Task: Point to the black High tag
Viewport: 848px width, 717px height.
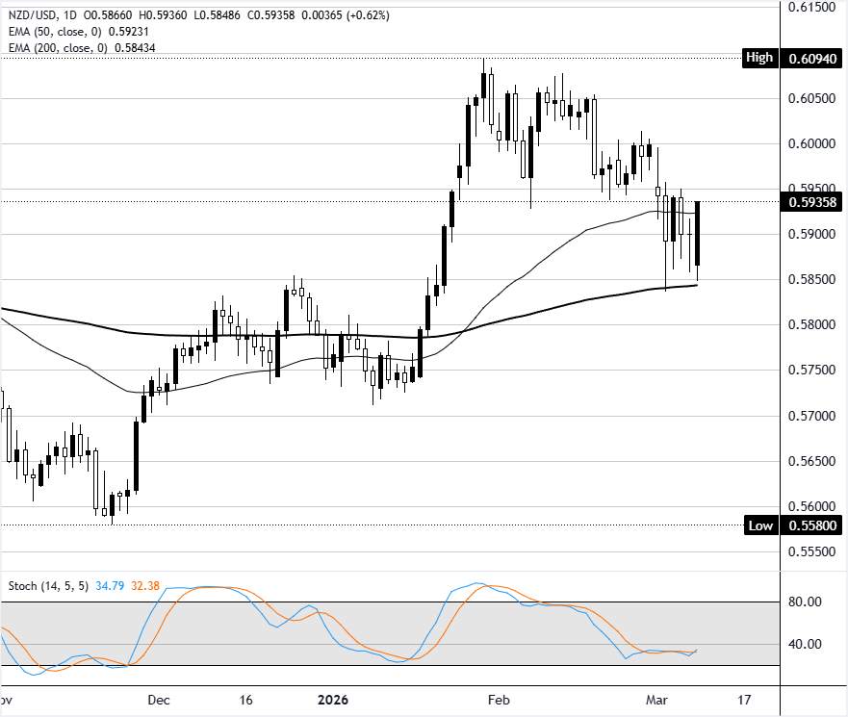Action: (758, 58)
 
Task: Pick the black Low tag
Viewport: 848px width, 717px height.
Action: (759, 525)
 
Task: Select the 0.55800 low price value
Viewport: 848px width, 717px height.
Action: (810, 525)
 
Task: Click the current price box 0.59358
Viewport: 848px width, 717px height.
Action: (810, 202)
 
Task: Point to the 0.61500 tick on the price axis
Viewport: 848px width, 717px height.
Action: (810, 8)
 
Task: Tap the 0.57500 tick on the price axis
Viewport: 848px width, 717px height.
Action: (810, 371)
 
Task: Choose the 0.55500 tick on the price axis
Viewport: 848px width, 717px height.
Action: (810, 552)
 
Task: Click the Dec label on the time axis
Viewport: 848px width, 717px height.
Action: (160, 700)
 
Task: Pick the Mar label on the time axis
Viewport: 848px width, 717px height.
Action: (656, 700)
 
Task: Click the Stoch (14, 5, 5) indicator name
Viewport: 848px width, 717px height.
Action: (48, 585)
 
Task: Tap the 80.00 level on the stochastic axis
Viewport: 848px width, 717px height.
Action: (805, 602)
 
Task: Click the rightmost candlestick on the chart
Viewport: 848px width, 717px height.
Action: (698, 234)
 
